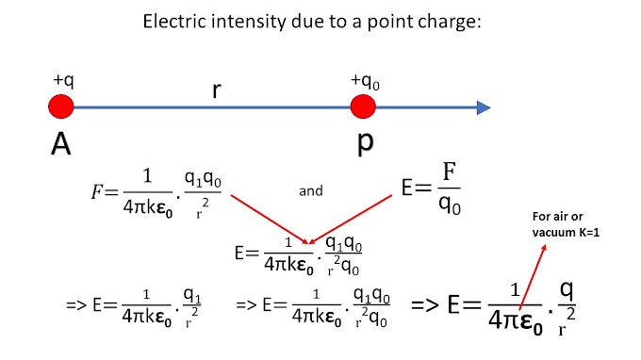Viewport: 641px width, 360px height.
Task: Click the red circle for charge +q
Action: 61,106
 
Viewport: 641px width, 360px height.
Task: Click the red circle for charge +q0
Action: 363,106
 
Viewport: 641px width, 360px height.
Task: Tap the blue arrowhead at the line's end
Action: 482,107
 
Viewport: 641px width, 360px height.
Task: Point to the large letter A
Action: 62,143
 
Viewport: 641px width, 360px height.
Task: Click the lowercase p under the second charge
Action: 364,143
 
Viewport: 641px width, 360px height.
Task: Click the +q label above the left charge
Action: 64,81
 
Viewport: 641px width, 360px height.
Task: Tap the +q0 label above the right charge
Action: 364,82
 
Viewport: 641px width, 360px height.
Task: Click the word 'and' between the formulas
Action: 310,190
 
